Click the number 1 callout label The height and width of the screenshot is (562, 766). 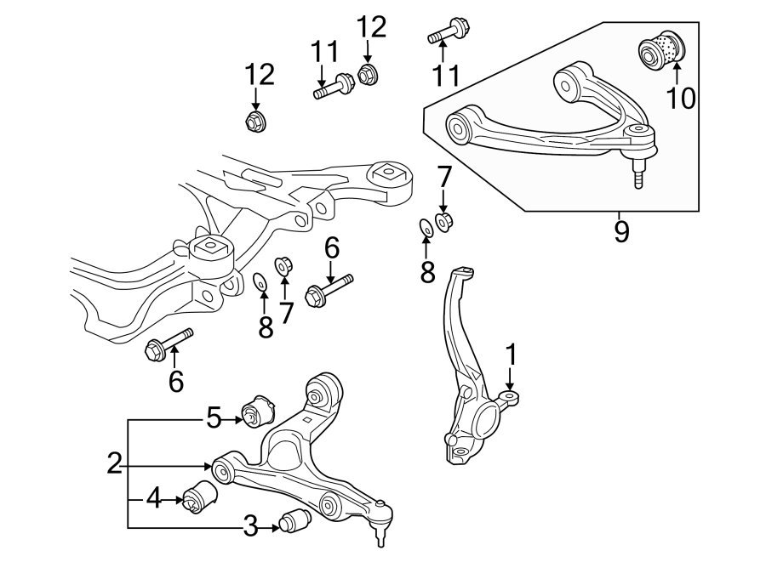pyautogui.click(x=511, y=354)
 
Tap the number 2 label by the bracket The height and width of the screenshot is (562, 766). pyautogui.click(x=115, y=464)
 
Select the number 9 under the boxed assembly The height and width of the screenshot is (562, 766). pyautogui.click(x=621, y=231)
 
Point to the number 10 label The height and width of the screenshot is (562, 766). pyautogui.click(x=680, y=99)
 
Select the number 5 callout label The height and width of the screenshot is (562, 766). pyautogui.click(x=214, y=417)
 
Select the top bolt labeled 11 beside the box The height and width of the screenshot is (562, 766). pyautogui.click(x=445, y=34)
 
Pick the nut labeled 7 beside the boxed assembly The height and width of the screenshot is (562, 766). pyautogui.click(x=443, y=222)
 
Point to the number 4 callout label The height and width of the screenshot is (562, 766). pyautogui.click(x=153, y=497)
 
